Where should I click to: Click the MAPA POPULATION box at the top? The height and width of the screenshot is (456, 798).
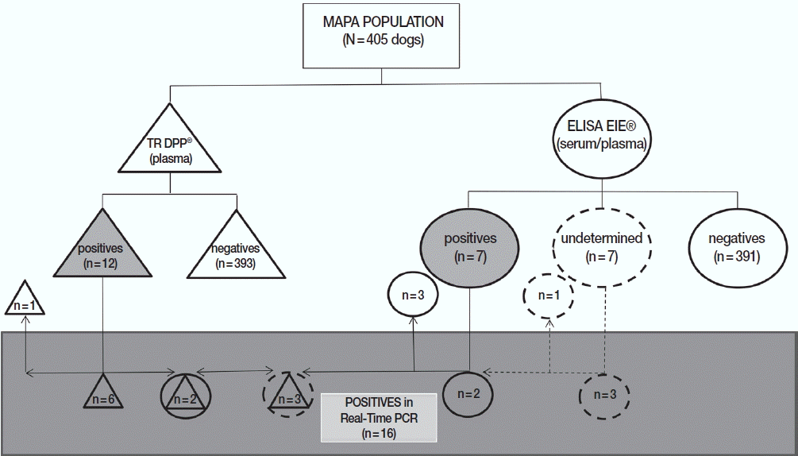(384, 35)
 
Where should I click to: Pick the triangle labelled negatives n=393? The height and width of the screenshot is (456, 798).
(235, 250)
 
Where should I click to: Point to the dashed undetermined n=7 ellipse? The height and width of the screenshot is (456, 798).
(601, 246)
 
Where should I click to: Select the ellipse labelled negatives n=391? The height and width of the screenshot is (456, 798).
(738, 245)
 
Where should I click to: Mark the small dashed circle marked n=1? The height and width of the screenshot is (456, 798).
(548, 295)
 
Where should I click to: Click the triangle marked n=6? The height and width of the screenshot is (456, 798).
(103, 395)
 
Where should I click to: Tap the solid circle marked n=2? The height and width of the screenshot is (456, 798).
(468, 392)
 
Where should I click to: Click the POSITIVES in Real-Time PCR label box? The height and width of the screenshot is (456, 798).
(379, 416)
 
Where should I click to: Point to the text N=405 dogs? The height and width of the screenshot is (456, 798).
(384, 40)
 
